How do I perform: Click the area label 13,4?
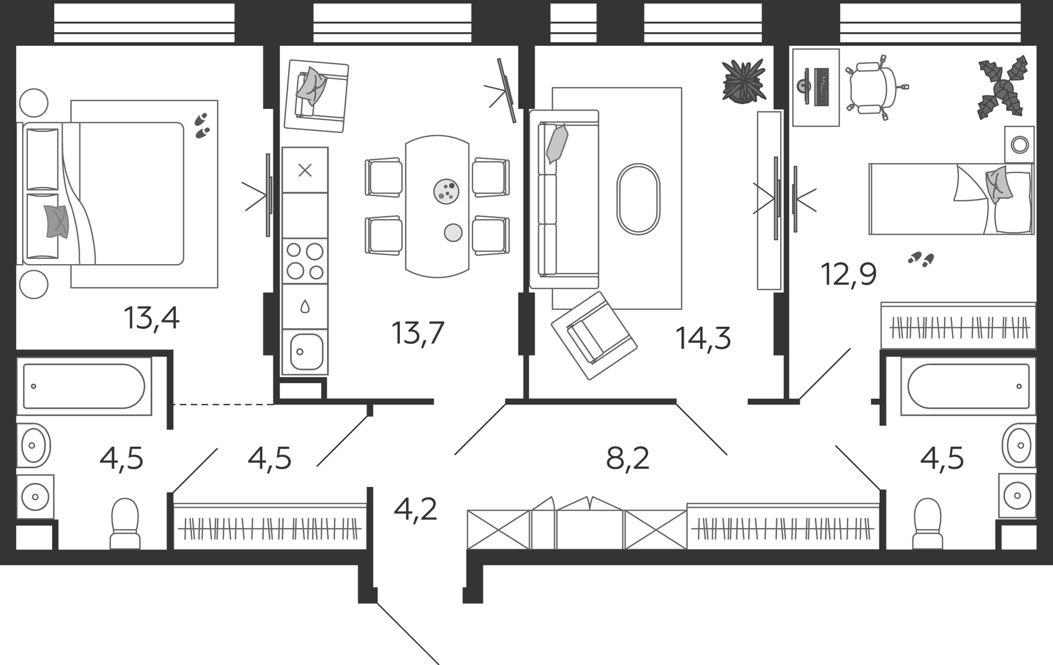[152, 318]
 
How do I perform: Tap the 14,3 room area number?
[703, 338]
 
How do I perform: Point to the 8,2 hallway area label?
[628, 459]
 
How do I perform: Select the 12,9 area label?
[849, 274]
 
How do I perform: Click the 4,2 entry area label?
[415, 510]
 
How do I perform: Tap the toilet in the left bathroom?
[125, 523]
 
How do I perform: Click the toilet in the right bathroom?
[927, 523]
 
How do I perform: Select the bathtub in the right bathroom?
[968, 386]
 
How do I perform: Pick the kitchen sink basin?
[306, 351]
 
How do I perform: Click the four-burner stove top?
[305, 261]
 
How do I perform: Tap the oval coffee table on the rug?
[638, 199]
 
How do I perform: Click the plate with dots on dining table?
[446, 192]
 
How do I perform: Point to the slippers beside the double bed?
[202, 126]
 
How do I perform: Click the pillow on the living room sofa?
[557, 144]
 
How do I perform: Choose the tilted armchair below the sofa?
[594, 336]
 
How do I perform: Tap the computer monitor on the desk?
[802, 86]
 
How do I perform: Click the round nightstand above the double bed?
[33, 103]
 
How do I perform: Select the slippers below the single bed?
[921, 258]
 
